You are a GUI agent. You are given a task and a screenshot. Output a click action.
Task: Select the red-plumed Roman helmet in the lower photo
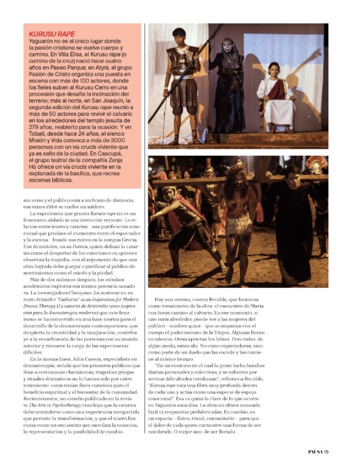tap(317, 165)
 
